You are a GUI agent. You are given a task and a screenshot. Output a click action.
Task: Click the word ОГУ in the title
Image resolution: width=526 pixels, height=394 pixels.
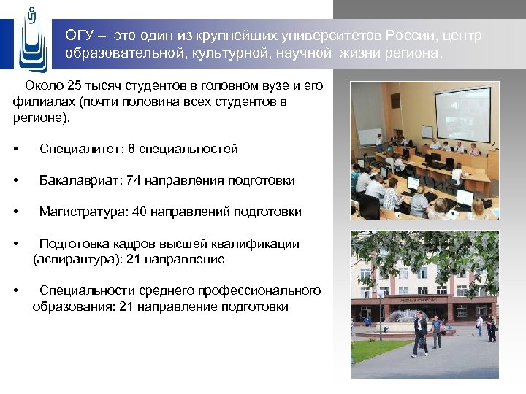[77, 36]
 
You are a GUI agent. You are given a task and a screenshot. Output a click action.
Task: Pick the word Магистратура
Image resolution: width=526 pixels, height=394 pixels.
[83, 212]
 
